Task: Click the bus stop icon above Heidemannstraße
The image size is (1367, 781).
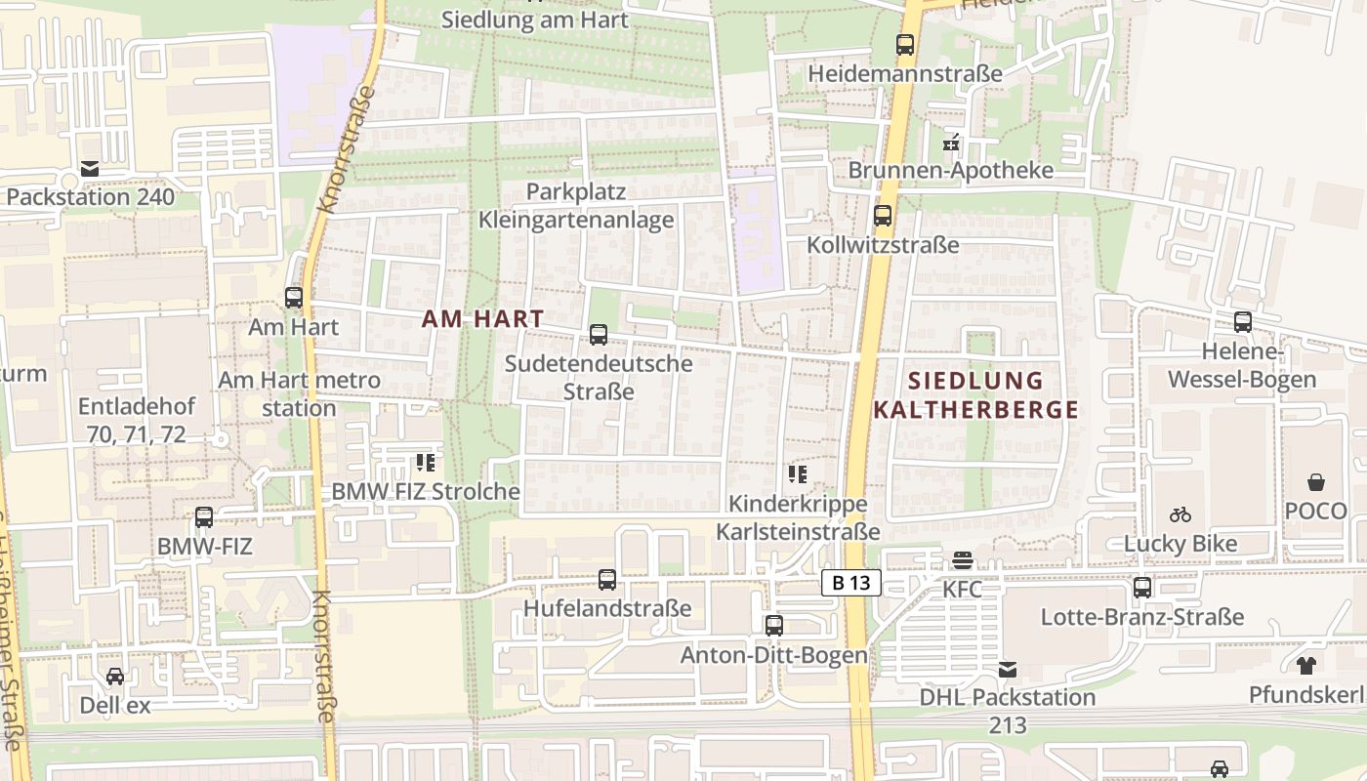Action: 905,45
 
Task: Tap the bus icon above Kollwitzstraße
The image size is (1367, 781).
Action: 883,216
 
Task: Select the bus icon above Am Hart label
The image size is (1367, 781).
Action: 294,298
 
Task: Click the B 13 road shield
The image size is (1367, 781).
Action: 851,584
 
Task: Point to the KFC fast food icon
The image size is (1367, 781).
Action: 963,560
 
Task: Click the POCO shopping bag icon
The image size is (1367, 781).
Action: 1316,482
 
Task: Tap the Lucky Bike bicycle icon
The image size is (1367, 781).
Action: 1181,514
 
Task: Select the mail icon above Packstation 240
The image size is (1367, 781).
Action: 90,169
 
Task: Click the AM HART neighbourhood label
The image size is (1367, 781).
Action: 482,318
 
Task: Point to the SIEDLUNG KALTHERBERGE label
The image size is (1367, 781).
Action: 976,395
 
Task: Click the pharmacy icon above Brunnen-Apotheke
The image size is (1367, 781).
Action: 951,143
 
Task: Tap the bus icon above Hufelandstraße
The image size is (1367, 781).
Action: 606,580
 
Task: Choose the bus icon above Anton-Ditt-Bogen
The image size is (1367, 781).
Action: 774,625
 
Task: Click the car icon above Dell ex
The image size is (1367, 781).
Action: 115,676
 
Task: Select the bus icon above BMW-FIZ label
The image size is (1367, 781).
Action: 204,517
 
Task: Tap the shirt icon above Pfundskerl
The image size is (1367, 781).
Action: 1306,666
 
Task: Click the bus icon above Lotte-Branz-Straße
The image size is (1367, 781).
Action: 1142,588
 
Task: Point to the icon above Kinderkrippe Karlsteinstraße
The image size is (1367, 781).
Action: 798,475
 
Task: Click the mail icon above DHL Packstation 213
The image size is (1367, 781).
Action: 1008,670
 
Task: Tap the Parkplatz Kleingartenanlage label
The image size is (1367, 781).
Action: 576,205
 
